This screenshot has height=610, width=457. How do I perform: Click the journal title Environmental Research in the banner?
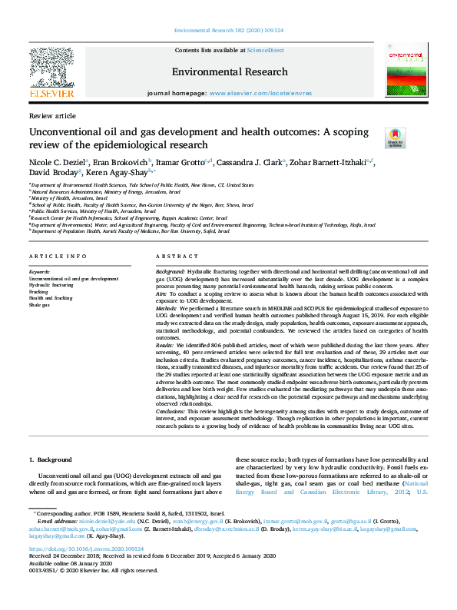pos(230,71)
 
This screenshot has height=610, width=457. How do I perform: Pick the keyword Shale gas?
pos(39,305)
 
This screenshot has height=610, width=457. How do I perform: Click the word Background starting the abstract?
pos(169,272)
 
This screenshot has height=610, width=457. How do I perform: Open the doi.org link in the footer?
pos(86,549)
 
